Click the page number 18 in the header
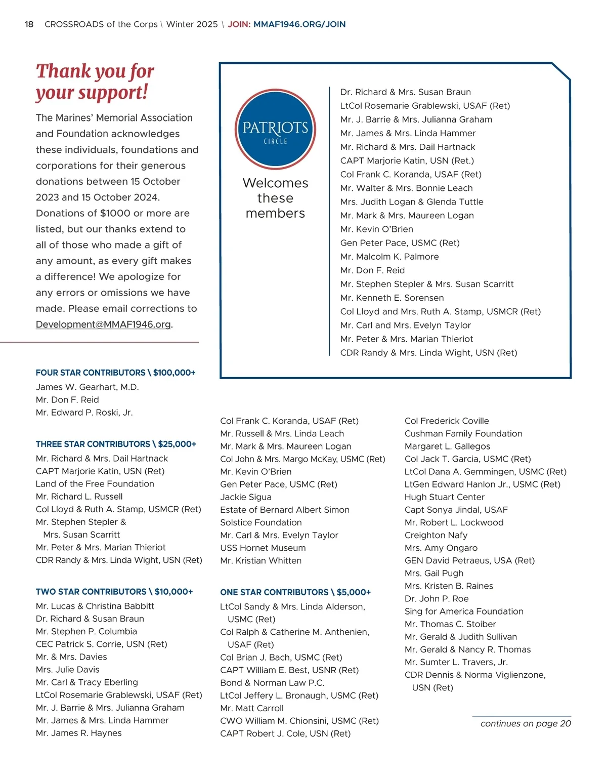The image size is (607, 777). point(29,24)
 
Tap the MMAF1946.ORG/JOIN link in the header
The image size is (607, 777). point(299,24)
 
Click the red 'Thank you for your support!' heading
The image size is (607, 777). point(95,81)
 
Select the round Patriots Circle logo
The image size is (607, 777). point(275,130)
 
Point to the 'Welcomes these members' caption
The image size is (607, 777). point(275,198)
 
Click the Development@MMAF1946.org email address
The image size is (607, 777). point(103,324)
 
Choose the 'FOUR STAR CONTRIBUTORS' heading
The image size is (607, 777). point(115,373)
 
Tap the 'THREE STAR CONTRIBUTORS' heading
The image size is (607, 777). point(116,444)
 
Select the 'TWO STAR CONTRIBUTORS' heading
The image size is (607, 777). point(114,592)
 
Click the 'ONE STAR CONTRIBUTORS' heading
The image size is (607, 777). point(295,592)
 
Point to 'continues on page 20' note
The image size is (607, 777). point(526,723)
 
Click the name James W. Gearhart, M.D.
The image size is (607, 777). point(87,387)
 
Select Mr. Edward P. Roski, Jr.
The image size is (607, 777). point(84,413)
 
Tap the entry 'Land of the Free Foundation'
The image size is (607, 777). point(95,484)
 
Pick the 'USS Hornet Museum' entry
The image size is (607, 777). point(263,548)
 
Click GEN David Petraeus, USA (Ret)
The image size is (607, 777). point(469,560)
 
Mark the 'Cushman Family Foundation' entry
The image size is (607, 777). point(463,434)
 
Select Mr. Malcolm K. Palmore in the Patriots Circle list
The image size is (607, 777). point(389,257)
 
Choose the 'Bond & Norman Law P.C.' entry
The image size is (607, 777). point(272,683)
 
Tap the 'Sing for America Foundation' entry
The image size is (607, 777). point(464,611)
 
